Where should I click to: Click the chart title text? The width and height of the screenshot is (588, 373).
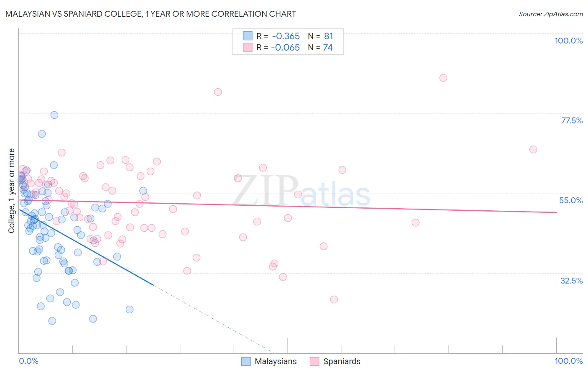[x=151, y=14]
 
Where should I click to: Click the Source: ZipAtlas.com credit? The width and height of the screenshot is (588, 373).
[x=550, y=14]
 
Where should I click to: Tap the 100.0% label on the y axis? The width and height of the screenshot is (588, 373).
[x=568, y=41]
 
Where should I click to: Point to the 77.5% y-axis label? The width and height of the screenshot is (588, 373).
[x=572, y=120]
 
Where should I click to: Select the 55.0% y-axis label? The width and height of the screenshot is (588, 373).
[x=571, y=200]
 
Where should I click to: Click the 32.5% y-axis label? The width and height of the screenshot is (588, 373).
[x=571, y=281]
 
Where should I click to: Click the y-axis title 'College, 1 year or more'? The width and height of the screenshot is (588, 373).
[x=12, y=191]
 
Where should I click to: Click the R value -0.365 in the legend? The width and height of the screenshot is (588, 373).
[x=285, y=36]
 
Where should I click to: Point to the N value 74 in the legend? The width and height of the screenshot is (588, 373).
[x=328, y=48]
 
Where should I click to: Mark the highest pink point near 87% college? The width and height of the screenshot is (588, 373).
[x=443, y=78]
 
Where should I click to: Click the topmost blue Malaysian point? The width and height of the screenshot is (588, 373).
[x=54, y=115]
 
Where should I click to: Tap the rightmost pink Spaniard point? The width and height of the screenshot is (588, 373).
[x=533, y=149]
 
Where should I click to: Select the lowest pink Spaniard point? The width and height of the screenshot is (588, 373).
[x=334, y=299]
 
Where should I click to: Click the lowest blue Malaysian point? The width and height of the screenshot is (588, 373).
[x=52, y=321]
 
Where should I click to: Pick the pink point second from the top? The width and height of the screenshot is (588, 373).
[x=218, y=92]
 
